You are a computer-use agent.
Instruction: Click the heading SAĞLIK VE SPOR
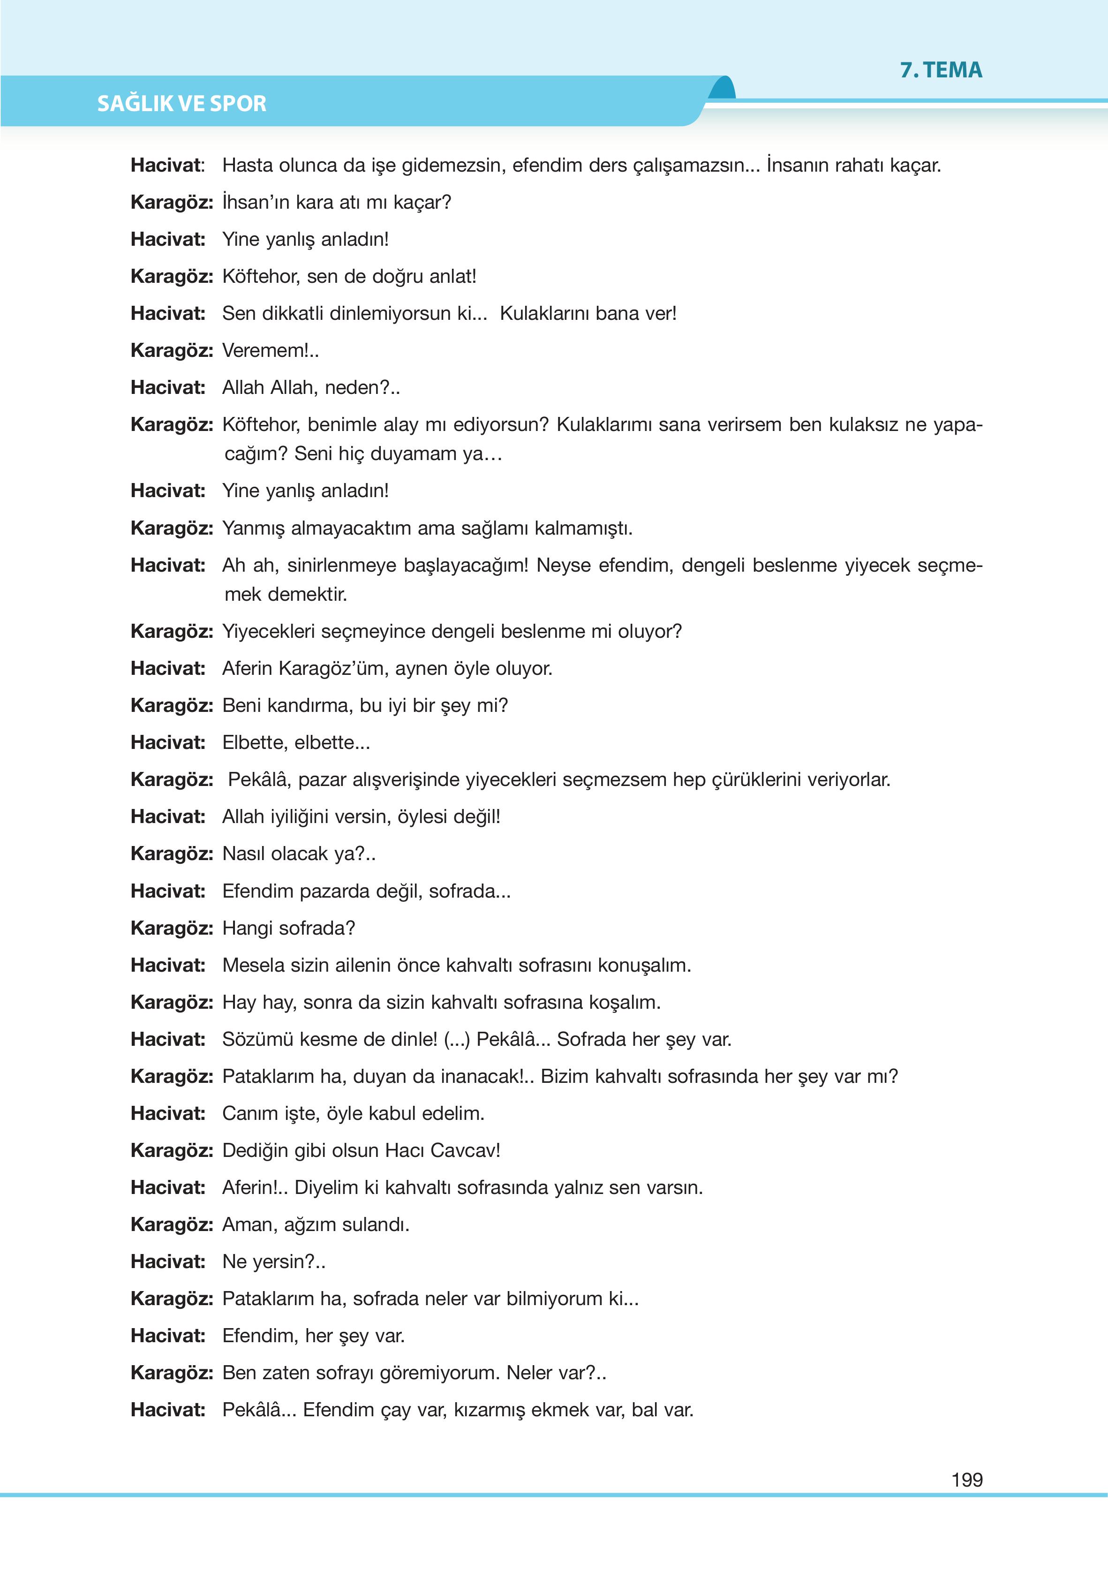click(x=181, y=103)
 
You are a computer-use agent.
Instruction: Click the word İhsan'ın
click(x=256, y=202)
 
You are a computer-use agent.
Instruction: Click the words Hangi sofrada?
click(x=288, y=929)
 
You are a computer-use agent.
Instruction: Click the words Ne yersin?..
click(x=272, y=1262)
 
